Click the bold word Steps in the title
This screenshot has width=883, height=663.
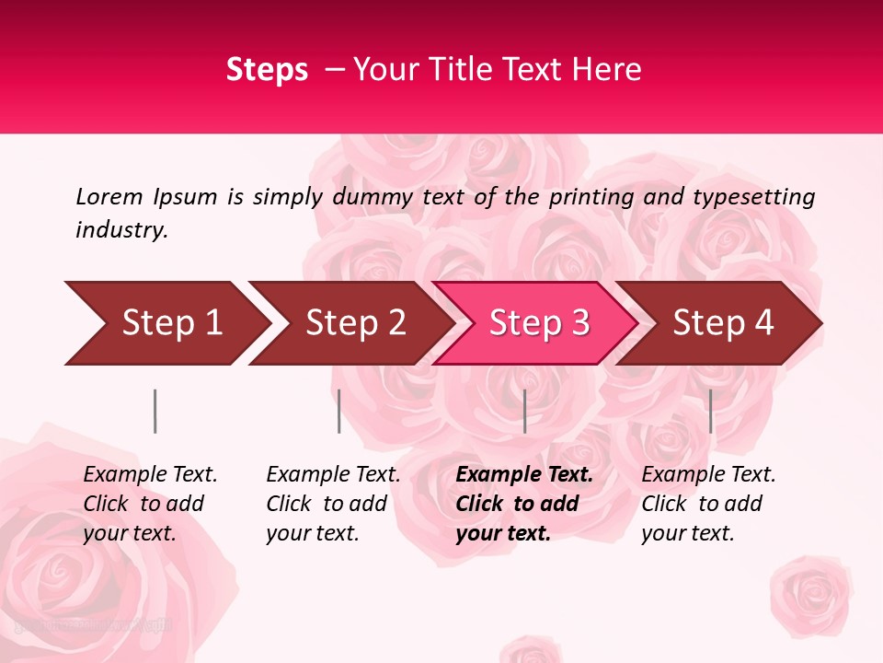pyautogui.click(x=267, y=70)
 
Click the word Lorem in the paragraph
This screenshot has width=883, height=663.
pyautogui.click(x=109, y=196)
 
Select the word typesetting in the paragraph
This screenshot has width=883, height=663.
pyautogui.click(x=753, y=197)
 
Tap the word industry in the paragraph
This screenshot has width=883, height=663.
pyautogui.click(x=120, y=230)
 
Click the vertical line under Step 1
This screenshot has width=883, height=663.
pyautogui.click(x=155, y=411)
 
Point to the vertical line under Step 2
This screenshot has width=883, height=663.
pyautogui.click(x=338, y=411)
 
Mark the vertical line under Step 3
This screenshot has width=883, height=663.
pyautogui.click(x=524, y=411)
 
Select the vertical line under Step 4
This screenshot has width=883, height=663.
pyautogui.click(x=710, y=411)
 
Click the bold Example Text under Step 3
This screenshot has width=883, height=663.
pyautogui.click(x=524, y=475)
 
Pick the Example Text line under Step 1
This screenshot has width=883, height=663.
pyautogui.click(x=150, y=475)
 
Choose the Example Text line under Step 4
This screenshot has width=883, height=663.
pyautogui.click(x=708, y=475)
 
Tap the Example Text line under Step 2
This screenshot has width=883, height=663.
pyautogui.click(x=333, y=475)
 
